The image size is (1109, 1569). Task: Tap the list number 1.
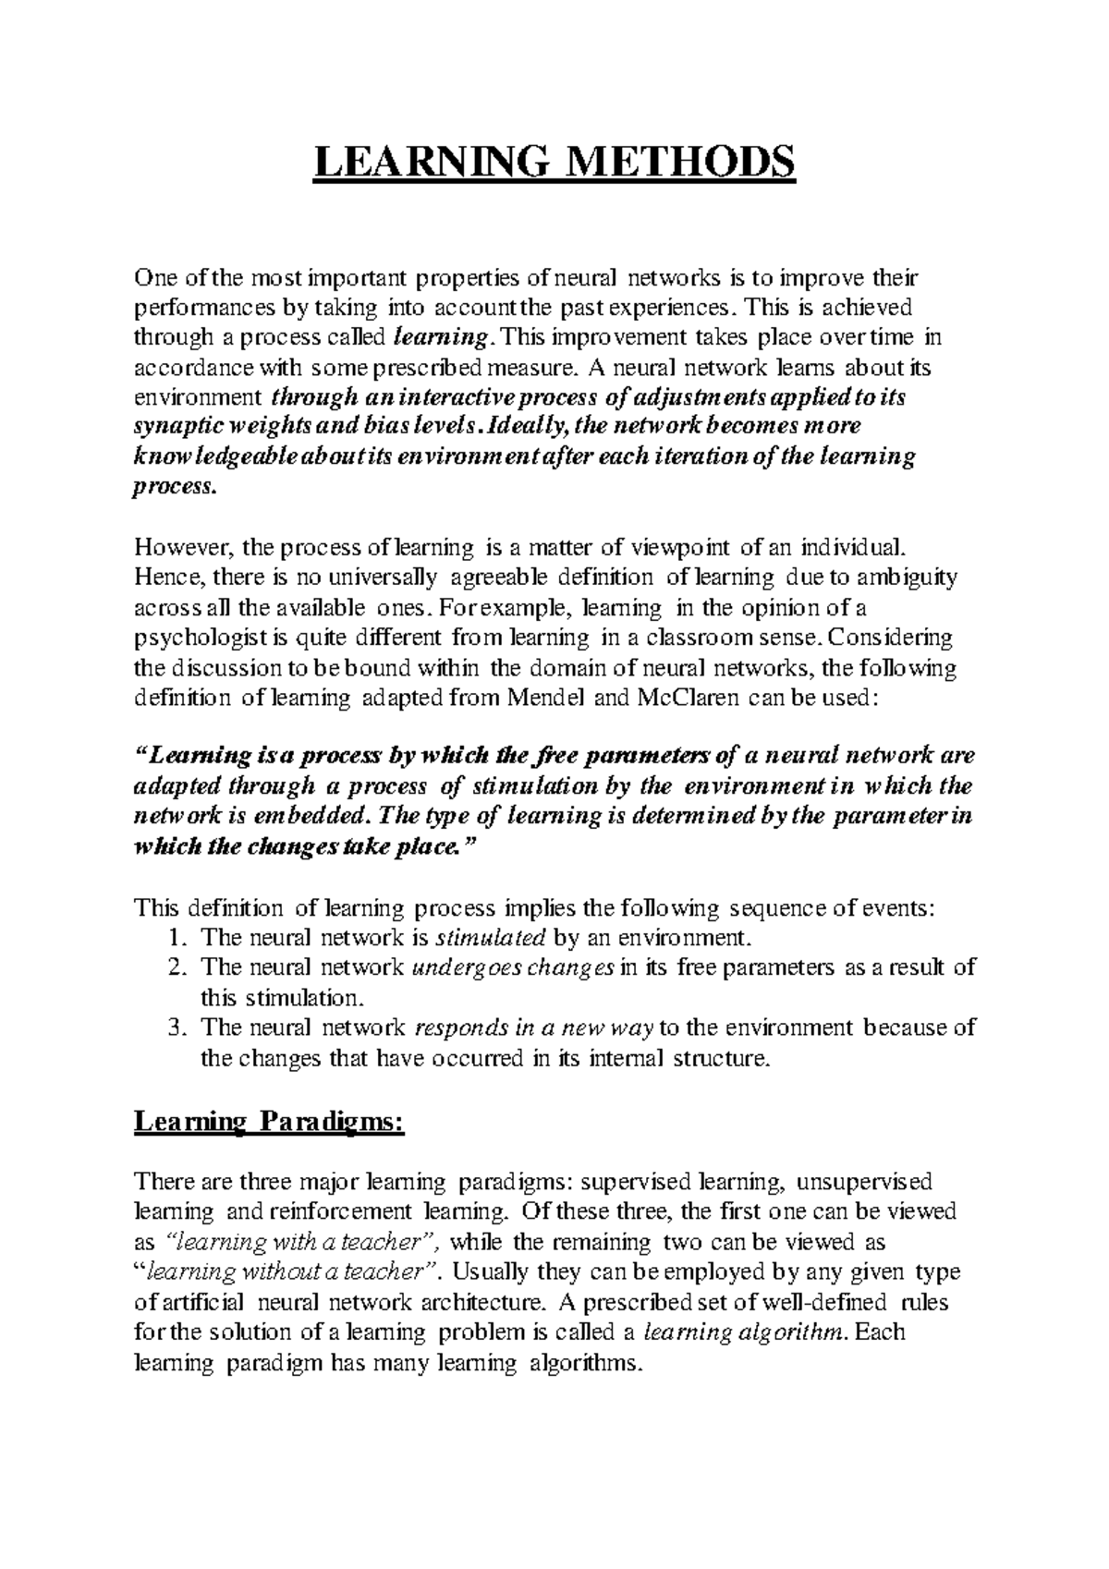point(177,938)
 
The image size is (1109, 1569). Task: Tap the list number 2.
point(177,967)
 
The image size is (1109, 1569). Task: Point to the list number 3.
point(177,1028)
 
